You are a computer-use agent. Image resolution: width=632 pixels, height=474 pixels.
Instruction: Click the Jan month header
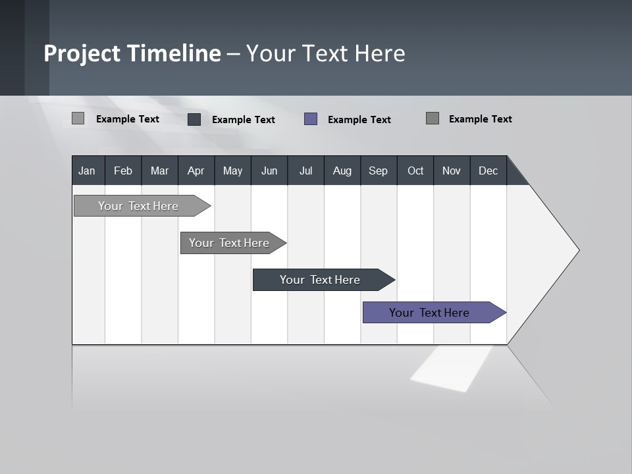coord(87,171)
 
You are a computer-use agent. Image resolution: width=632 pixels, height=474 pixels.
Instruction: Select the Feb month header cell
coord(123,171)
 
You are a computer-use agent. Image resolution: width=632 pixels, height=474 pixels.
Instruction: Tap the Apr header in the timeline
coord(196,171)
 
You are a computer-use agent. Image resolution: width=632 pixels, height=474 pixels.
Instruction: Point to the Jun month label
coord(269,171)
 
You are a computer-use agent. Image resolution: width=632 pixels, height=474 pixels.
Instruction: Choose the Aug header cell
coord(342,171)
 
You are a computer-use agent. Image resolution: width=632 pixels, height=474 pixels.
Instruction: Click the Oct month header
coord(415,171)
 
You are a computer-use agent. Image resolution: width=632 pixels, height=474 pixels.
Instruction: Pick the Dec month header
coord(488,171)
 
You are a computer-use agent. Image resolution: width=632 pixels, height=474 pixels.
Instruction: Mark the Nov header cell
coord(452,171)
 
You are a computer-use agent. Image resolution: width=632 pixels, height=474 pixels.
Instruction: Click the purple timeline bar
coord(429,313)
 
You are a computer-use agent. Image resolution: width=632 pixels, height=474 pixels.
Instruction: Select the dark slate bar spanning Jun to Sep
coord(319,280)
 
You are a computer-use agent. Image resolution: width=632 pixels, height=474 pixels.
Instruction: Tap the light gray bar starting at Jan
coord(138,206)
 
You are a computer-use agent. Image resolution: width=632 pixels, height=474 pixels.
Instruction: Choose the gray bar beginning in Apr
coord(229,243)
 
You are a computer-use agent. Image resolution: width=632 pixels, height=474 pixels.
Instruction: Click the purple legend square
coord(311,119)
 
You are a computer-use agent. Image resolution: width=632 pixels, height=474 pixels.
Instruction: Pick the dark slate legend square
coord(194,119)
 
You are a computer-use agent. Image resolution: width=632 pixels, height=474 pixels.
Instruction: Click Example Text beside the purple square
coord(359,120)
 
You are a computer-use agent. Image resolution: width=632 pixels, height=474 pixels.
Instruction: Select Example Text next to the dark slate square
coord(244,120)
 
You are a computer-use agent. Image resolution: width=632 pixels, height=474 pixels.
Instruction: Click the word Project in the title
coord(82,53)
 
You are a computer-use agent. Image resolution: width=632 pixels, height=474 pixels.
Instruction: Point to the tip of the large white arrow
coord(577,250)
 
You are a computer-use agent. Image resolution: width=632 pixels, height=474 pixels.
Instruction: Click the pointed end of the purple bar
coord(504,313)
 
